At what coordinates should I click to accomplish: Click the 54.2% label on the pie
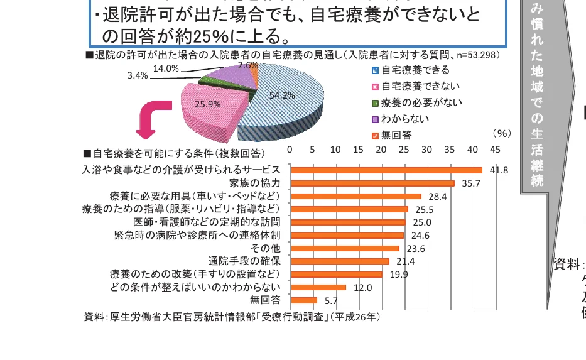coord(282,95)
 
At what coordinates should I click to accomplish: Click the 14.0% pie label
coord(166,68)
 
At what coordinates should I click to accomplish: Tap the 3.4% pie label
coord(137,75)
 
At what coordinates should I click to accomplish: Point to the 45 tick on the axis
coord(495,150)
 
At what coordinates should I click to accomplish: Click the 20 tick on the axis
coord(381,150)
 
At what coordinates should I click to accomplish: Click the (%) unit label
coord(502,133)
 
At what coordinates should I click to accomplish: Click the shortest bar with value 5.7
coord(304,300)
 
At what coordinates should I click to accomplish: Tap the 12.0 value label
coord(363,288)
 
